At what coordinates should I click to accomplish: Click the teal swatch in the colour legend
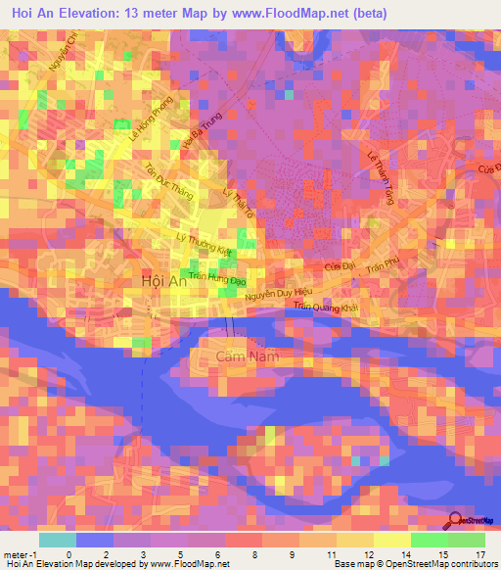(x=58, y=540)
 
